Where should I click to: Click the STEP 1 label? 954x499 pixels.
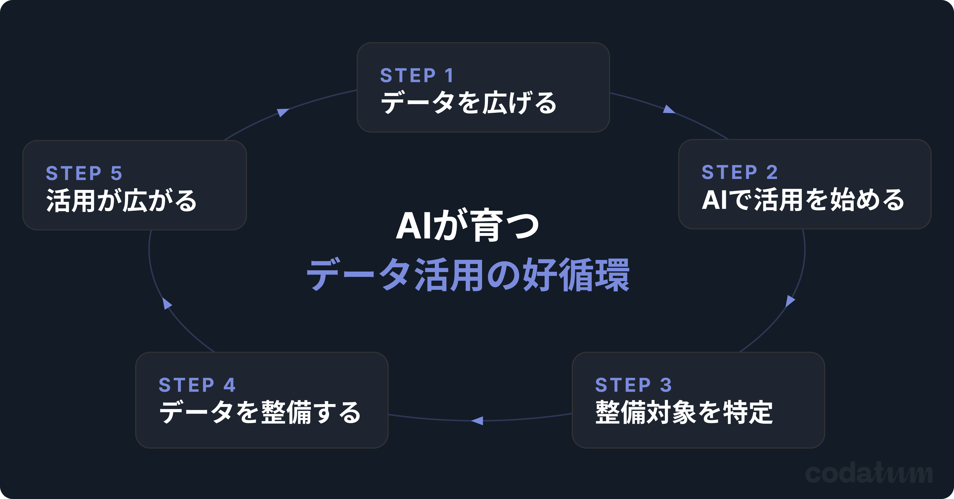417,76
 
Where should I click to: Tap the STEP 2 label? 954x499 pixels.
739,173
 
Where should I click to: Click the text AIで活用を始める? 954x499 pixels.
803,200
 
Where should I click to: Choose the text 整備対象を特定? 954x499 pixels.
684,412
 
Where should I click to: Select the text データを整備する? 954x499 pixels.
260,412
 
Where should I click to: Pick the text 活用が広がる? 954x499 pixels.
121,201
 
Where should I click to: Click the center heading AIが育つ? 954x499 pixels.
467,226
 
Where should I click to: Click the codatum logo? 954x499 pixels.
869,473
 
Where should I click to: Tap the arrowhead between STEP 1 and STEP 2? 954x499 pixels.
668,109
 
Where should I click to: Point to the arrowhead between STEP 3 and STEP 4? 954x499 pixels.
478,421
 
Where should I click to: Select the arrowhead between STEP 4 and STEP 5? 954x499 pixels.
167,304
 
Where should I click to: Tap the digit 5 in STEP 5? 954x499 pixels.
116,173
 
